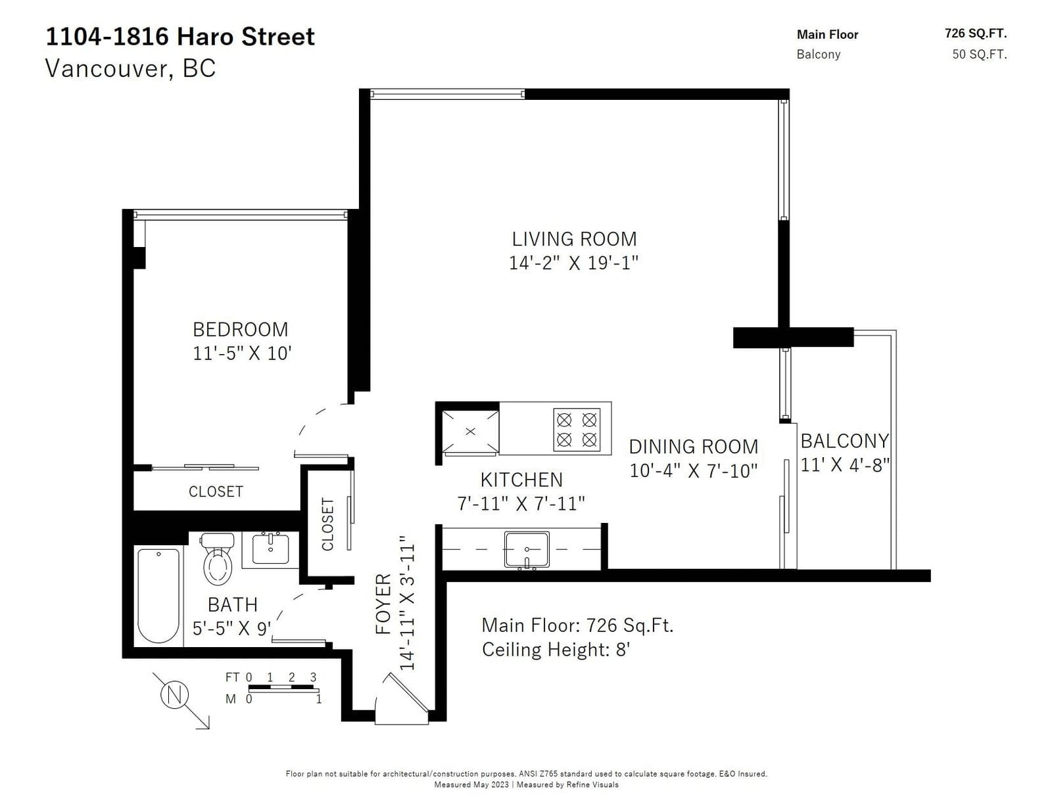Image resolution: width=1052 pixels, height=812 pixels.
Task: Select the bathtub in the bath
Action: click(158, 595)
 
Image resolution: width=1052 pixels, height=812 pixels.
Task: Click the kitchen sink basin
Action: click(527, 549)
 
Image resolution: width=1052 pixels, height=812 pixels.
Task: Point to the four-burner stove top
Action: click(577, 430)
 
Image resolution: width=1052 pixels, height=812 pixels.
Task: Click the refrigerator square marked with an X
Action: click(470, 432)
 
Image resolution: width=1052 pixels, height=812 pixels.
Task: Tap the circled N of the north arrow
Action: click(174, 696)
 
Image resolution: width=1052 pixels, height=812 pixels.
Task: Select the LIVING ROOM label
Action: click(574, 239)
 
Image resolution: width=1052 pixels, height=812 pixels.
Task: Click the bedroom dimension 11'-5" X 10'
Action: click(242, 353)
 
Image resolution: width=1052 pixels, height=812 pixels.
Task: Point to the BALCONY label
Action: click(845, 441)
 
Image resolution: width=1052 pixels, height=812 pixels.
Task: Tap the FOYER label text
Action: click(383, 604)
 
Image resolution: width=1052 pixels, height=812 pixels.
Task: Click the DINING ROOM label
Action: click(693, 447)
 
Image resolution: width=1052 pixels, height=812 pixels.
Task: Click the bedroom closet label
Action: click(216, 492)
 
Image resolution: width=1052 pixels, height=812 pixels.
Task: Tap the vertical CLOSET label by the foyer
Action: click(327, 524)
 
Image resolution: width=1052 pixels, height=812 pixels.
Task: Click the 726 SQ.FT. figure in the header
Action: click(976, 34)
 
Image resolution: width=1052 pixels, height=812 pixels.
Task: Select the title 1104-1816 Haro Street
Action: click(180, 37)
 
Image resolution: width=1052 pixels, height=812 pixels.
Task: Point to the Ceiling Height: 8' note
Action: click(556, 650)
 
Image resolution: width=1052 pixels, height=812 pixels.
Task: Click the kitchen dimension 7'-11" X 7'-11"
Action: click(521, 503)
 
